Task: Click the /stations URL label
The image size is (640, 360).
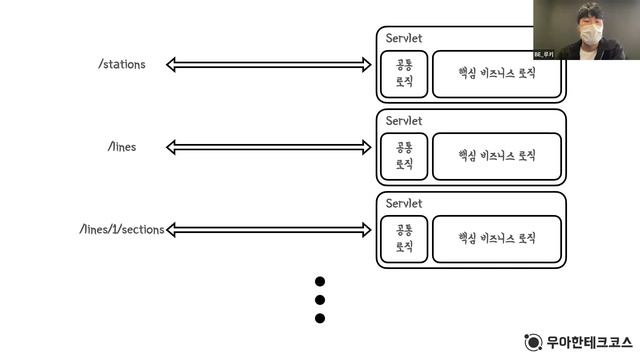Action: coord(122,64)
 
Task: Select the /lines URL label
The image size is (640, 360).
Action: coord(122,146)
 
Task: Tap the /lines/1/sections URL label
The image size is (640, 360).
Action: coord(121,229)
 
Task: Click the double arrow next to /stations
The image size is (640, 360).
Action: coord(269,65)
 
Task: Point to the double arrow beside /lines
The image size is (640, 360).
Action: coord(269,147)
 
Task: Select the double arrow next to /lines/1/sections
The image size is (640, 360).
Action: coord(269,230)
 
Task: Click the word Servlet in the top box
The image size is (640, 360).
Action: coord(404,38)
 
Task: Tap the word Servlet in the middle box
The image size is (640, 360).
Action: coord(404,121)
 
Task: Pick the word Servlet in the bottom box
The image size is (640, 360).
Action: coord(404,203)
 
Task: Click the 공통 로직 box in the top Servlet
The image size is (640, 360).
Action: coord(405,73)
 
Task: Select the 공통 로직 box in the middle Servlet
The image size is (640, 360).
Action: coord(405,155)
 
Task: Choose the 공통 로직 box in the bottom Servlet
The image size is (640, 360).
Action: coord(405,238)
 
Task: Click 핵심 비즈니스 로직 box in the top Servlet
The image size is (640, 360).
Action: coord(497,73)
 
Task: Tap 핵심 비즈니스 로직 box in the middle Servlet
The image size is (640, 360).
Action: coord(497,155)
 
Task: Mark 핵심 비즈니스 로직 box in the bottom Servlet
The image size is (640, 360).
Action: coord(497,238)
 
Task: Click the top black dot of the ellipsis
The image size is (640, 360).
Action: coord(321,282)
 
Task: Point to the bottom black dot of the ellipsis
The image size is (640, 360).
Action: coord(321,318)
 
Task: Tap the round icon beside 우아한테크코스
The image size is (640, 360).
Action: coord(533,341)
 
